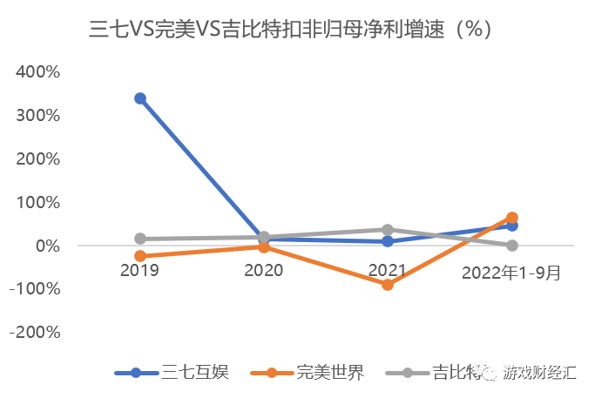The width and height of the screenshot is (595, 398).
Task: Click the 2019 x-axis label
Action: pos(139,271)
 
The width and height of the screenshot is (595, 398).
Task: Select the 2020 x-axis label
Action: pos(263,271)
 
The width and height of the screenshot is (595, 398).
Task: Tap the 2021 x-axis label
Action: pos(388,271)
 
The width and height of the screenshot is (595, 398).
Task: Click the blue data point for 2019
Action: pos(139,98)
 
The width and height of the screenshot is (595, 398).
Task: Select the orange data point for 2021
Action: pos(388,285)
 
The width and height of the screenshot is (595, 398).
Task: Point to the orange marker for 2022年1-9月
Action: pos(512,218)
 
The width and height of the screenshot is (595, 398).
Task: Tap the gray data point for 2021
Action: pos(388,230)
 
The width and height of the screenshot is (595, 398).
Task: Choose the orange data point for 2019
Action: pos(139,256)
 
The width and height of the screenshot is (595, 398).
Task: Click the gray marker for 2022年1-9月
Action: pos(512,246)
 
